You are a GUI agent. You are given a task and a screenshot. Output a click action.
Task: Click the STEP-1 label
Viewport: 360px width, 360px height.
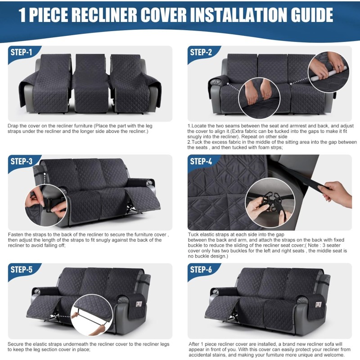[21, 52]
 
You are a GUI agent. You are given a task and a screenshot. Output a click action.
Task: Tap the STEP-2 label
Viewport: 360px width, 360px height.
[201, 52]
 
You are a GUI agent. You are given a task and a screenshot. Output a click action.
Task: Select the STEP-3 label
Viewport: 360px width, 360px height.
[21, 162]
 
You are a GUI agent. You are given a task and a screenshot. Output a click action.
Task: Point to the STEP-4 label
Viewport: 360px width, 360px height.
[201, 162]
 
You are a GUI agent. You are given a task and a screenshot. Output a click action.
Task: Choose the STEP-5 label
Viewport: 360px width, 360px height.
[21, 270]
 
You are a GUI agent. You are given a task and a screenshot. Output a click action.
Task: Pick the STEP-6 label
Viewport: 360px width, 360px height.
[201, 270]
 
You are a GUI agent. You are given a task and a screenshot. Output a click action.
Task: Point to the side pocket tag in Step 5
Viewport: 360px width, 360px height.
[139, 304]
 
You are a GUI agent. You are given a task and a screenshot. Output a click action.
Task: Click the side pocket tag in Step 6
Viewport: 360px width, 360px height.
[318, 305]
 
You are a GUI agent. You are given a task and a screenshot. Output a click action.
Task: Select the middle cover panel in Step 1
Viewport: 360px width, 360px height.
[91, 83]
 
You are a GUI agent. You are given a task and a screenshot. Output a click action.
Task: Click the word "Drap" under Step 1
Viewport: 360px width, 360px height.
[13, 126]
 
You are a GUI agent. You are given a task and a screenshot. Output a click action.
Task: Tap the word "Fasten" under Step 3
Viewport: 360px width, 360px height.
[15, 234]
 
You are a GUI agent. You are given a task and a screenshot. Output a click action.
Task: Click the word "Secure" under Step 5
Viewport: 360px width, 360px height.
[15, 344]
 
